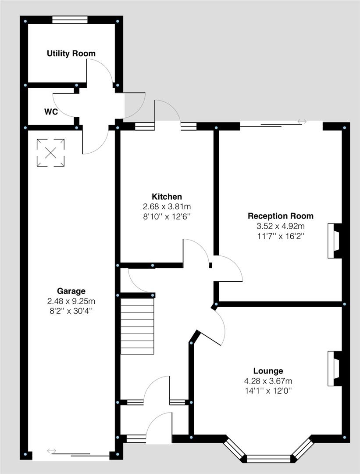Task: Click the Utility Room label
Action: pos(71,54)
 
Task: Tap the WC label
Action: pos(51,111)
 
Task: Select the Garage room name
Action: pos(71,291)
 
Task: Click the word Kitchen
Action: pos(167,197)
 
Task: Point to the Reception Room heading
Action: pos(281,216)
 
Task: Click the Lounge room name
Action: pos(268,371)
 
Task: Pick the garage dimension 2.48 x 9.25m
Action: pos(71,301)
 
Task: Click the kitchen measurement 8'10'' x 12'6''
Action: pos(167,216)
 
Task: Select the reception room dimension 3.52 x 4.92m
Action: pos(281,226)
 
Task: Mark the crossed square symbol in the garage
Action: pos(51,153)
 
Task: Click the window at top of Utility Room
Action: pos(70,20)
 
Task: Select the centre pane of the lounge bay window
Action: pos(268,459)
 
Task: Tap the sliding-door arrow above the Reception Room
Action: pos(302,122)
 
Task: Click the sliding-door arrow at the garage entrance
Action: pos(52,451)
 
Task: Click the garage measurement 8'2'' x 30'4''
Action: pos(71,311)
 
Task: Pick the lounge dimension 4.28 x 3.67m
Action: pos(268,381)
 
